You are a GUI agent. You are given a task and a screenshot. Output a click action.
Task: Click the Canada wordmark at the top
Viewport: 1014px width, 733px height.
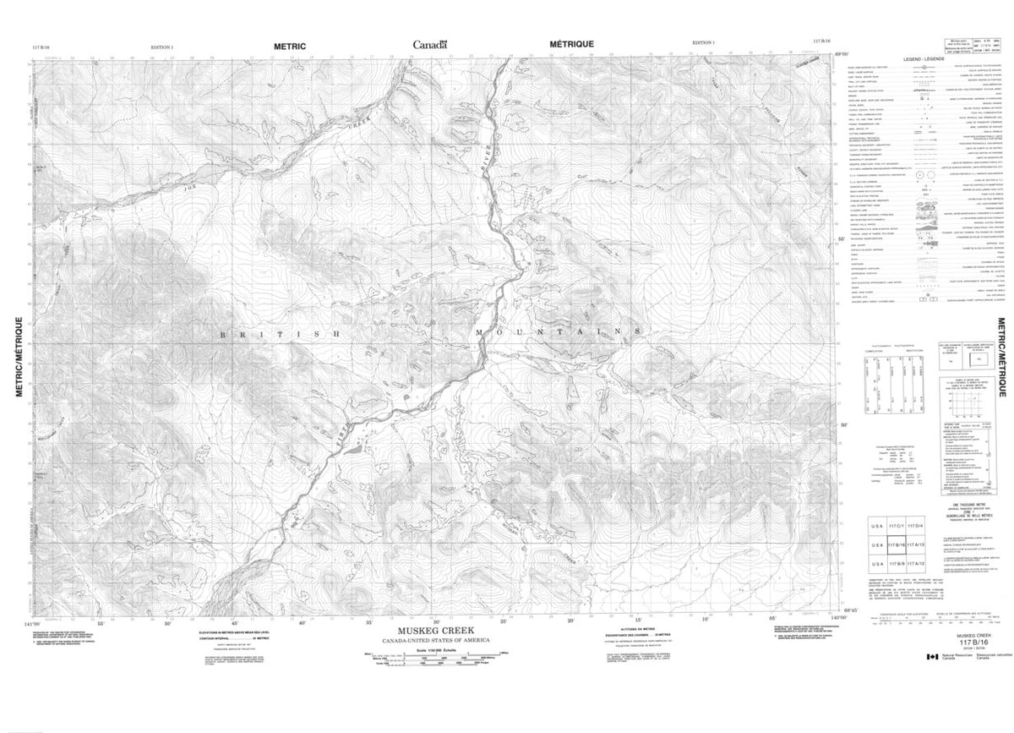click(x=430, y=44)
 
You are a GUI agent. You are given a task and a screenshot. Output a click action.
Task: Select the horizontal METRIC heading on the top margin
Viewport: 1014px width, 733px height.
click(x=290, y=44)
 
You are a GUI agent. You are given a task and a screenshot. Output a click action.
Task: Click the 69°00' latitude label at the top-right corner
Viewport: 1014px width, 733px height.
click(x=841, y=53)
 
